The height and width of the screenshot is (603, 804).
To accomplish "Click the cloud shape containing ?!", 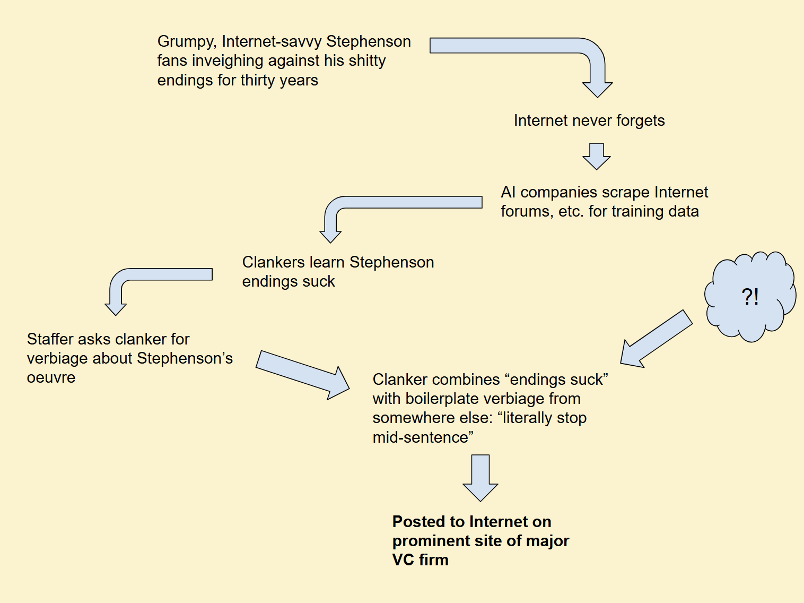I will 750,296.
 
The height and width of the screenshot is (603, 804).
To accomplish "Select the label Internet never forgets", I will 589,120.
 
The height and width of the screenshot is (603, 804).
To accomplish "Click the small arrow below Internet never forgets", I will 597,156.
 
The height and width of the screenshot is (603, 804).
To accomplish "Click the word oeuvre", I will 51,377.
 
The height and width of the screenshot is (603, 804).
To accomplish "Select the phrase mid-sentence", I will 423,437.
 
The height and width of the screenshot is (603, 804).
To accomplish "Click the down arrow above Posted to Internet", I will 480,478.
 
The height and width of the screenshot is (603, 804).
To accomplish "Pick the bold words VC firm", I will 420,560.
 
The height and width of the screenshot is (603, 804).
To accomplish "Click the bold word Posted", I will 420,522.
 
